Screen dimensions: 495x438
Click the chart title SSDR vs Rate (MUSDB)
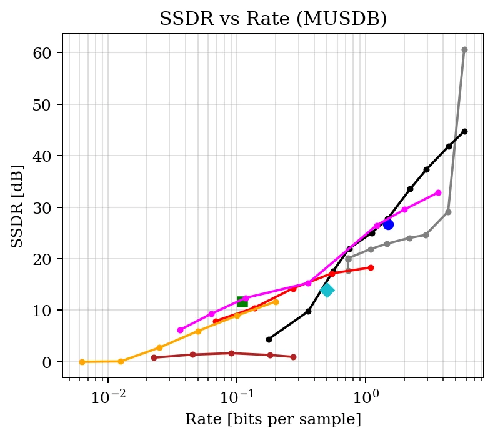click(x=273, y=19)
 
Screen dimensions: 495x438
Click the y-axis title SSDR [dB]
click(x=17, y=206)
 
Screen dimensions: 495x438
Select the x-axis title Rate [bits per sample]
click(x=273, y=419)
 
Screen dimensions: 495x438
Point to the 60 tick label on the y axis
click(x=42, y=53)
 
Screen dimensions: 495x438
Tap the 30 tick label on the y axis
click(x=42, y=208)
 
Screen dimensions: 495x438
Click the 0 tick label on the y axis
click(x=46, y=362)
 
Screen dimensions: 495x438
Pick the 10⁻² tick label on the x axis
click(x=108, y=397)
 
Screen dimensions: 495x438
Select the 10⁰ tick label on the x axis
click(x=366, y=397)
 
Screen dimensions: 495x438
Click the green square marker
click(x=242, y=302)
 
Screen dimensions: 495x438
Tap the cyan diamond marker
click(x=327, y=291)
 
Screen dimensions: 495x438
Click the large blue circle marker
click(x=388, y=225)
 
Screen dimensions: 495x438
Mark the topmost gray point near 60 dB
click(x=464, y=50)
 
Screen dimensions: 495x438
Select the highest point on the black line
click(x=464, y=131)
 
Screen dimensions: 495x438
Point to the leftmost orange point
click(x=82, y=362)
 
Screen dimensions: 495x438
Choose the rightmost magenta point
click(x=438, y=192)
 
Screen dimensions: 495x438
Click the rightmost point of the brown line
click(x=293, y=357)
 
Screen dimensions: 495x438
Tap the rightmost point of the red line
click(x=371, y=267)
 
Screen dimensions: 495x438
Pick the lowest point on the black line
click(x=269, y=339)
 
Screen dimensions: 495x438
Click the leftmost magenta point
click(x=180, y=330)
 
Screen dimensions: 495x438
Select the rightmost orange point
click(x=276, y=302)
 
